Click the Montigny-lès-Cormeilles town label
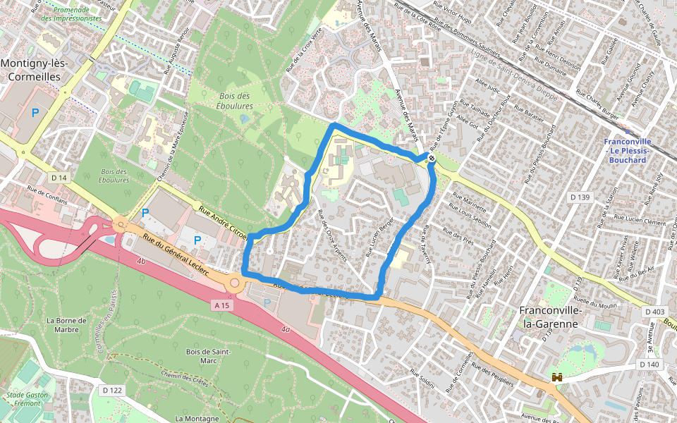point(34,70)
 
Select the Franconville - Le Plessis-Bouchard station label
point(627,150)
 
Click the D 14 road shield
point(58,178)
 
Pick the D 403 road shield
point(654,311)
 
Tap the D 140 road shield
point(649,364)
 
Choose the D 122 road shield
point(112,390)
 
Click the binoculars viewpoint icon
point(557,377)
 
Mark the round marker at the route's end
point(431,159)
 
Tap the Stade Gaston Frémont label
point(28,400)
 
